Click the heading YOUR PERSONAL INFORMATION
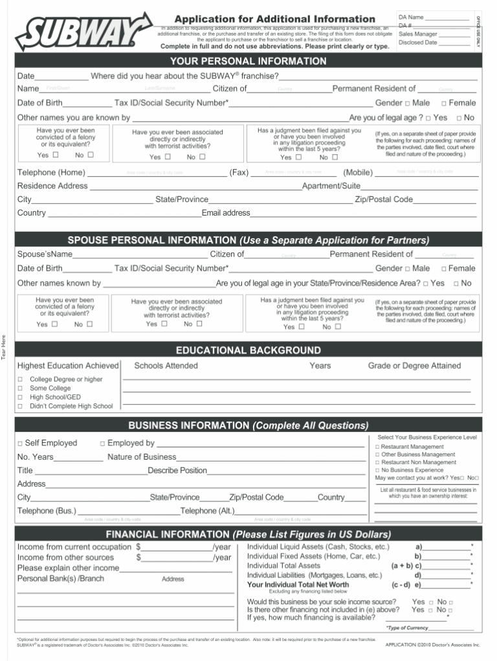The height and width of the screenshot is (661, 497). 248,62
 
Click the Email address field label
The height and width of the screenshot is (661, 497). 226,213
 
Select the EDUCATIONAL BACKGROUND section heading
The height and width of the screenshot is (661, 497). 248,350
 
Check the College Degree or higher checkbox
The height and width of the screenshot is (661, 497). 20,379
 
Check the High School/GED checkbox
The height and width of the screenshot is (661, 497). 20,398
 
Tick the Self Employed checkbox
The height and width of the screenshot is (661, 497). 20,443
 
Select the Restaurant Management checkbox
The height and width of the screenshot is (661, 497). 377,447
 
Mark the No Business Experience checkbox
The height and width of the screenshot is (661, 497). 377,470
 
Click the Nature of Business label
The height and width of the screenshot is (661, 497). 141,457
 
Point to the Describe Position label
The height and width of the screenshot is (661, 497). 177,471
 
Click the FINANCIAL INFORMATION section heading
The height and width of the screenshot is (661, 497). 248,534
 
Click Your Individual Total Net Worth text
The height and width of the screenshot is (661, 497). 298,585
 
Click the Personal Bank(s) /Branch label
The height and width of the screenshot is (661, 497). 60,578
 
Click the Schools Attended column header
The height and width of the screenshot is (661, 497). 166,366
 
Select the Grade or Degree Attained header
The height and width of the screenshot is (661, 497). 414,366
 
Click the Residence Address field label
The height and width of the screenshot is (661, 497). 52,186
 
